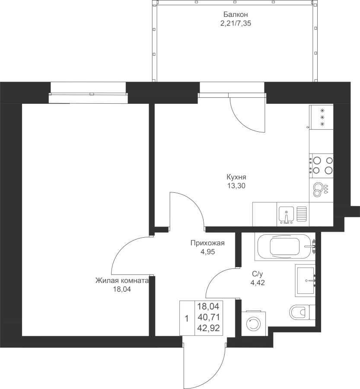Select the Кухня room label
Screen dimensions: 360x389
tap(236, 177)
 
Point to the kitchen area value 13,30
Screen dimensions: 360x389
tap(236, 185)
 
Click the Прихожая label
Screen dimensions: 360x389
tap(207, 243)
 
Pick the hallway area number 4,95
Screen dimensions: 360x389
tap(208, 252)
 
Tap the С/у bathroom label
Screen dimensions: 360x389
tap(257, 274)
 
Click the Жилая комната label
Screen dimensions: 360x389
tap(122, 281)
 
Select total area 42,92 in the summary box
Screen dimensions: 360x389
tap(208, 328)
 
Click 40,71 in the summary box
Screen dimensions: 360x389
tap(208, 317)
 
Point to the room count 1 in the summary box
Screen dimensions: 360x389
tap(187, 319)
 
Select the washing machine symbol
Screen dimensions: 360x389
tap(253, 323)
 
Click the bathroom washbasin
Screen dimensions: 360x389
tap(305, 281)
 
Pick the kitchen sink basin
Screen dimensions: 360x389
tap(286, 214)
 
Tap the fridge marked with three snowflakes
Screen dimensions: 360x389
tap(321, 117)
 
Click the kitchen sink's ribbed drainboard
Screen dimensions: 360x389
tap(302, 214)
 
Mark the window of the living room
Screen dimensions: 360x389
tap(88, 93)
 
